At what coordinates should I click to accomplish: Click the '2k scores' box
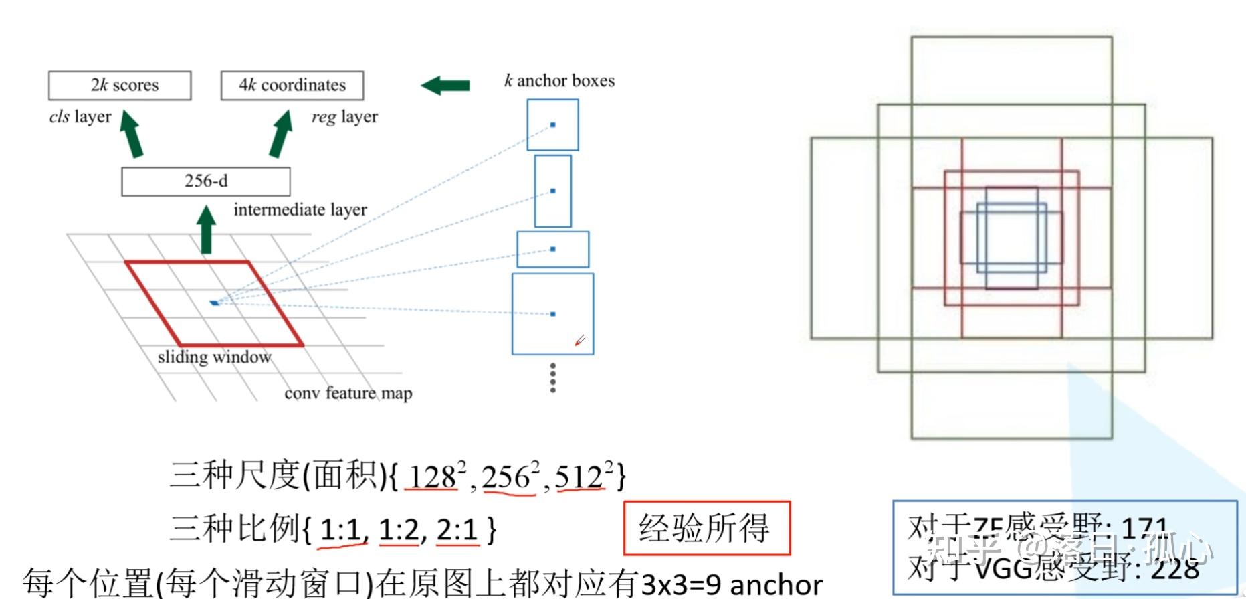coord(120,86)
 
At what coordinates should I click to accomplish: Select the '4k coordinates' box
coord(292,86)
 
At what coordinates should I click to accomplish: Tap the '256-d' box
coord(206,181)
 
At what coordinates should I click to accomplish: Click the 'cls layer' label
coord(80,117)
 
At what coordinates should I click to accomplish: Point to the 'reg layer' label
coord(344,118)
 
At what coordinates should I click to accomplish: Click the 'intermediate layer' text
coord(300,210)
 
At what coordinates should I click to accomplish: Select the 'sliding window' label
coord(214,357)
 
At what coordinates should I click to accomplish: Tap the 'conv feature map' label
coord(348,393)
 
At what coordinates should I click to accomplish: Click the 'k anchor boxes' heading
coord(559,81)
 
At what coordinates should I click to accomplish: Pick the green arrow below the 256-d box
coord(207,230)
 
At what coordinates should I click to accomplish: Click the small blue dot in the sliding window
coord(214,303)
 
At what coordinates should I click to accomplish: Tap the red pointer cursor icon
coord(580,341)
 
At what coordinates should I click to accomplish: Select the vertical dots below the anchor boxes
coord(552,378)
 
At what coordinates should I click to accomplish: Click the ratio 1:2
coord(399,531)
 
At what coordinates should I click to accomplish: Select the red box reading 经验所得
coord(706,528)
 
